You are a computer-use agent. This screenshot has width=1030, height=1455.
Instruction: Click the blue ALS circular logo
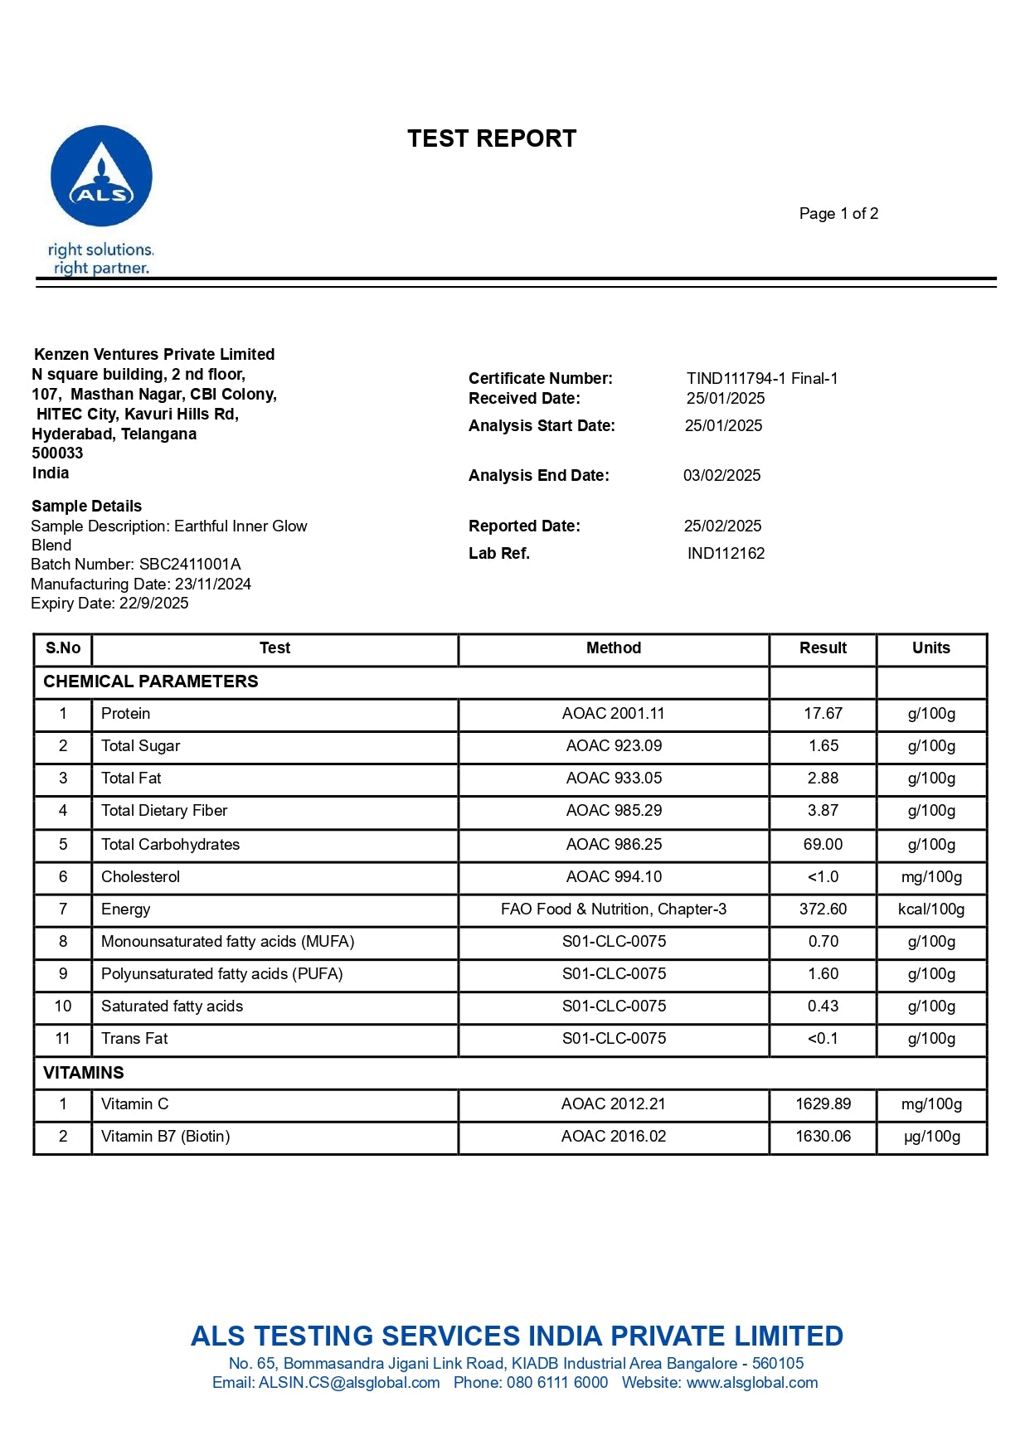pos(101,176)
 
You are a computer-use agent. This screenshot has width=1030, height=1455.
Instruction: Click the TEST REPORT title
pos(492,138)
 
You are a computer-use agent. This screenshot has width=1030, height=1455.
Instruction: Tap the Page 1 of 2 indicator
pos(838,214)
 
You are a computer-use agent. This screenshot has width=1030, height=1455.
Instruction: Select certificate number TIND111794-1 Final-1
pos(761,379)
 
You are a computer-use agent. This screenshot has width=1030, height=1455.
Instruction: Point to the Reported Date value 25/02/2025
pos(722,526)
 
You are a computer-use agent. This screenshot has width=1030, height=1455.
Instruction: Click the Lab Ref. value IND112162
pos(726,554)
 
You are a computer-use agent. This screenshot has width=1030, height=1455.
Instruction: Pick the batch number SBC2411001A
pos(190,565)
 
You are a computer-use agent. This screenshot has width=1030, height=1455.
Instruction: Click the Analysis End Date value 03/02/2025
pos(721,476)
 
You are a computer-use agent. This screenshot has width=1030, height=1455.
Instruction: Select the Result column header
pos(823,648)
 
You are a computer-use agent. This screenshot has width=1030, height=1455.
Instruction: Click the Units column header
pos(930,648)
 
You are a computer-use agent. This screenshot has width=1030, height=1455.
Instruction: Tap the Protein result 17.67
pos(823,714)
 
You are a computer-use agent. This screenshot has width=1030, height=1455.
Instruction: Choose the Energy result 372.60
pos(823,909)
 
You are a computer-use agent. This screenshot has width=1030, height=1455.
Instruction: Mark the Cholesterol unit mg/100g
pos(931,877)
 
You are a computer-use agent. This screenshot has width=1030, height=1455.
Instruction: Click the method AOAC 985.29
pos(614,811)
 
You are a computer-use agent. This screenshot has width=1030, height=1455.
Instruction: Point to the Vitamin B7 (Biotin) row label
pos(166,1137)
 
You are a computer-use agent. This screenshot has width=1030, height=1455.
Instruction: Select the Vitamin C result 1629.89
pos(823,1104)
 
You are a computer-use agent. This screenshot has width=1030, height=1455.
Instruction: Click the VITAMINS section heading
pos(84,1073)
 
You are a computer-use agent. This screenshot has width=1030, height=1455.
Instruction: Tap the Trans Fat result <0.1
pos(823,1039)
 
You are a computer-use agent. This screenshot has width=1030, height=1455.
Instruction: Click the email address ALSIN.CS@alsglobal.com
pos(349,1383)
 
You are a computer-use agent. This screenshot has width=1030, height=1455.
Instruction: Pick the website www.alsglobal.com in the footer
pos(752,1383)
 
